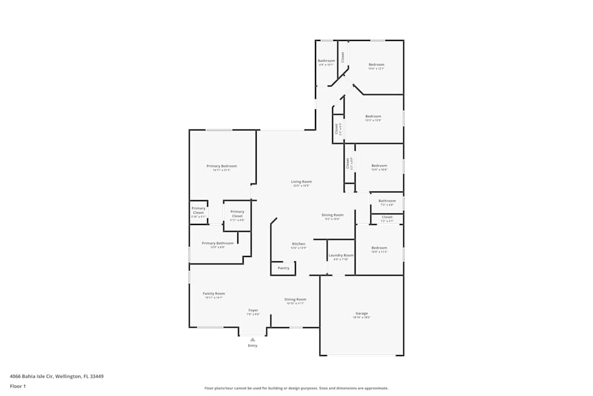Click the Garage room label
(362, 313)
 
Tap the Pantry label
(283, 268)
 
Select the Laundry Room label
(341, 255)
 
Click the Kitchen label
(299, 244)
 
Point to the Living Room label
(301, 182)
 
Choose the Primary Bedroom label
(221, 166)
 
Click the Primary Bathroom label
(218, 243)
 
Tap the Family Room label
(214, 293)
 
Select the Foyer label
(253, 310)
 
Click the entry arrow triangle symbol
(253, 339)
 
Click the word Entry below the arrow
(253, 346)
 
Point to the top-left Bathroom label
(326, 61)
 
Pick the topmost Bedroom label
(377, 65)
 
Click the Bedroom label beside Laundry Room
(379, 248)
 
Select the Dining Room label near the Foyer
(295, 299)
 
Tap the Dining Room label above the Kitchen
(333, 215)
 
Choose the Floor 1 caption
(18, 386)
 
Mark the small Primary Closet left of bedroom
(198, 210)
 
